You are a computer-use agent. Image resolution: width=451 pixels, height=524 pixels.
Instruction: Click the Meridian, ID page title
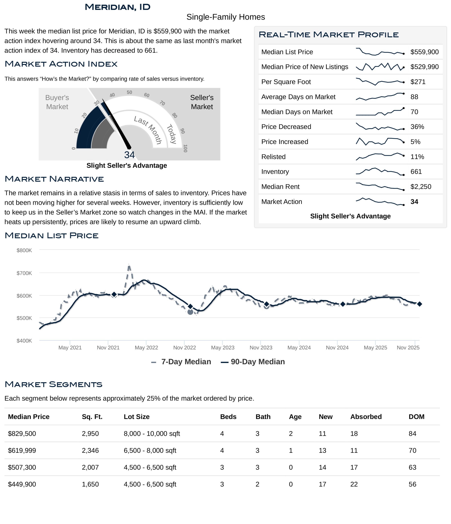(118, 7)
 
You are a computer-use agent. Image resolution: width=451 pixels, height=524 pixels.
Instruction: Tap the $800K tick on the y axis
(24, 250)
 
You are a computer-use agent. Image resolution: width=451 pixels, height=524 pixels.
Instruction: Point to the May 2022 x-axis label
(146, 348)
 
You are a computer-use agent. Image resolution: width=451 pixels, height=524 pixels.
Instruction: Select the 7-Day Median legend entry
(181, 362)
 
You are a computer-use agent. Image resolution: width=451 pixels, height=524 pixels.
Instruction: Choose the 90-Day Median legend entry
(253, 362)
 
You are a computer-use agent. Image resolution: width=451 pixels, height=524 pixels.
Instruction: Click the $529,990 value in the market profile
(424, 67)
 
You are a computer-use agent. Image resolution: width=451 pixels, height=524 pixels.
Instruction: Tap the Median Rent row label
(280, 187)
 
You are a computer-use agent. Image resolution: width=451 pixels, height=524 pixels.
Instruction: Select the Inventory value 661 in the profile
(416, 172)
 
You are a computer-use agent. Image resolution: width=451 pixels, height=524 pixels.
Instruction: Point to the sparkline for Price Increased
(380, 142)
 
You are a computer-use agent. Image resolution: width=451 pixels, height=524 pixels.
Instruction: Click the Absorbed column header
(366, 417)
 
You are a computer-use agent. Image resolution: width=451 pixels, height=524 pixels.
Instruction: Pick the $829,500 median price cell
(22, 434)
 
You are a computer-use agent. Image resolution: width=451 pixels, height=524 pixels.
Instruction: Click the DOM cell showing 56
(412, 484)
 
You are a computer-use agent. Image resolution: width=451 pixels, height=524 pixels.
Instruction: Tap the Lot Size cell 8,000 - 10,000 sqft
(152, 434)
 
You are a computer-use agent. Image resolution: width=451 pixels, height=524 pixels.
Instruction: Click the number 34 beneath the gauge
(129, 155)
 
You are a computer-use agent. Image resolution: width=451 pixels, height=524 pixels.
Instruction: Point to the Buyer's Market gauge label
(57, 102)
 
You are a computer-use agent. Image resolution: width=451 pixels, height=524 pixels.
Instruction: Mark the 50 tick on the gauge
(129, 92)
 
